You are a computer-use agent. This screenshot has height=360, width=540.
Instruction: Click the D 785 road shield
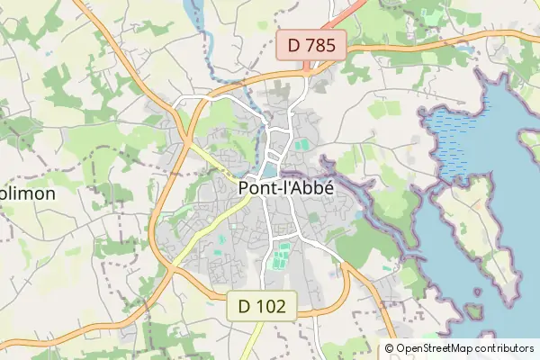click(x=310, y=44)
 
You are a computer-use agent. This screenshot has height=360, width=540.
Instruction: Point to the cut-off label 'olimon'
click(x=28, y=193)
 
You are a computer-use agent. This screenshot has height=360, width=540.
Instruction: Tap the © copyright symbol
click(x=389, y=348)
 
